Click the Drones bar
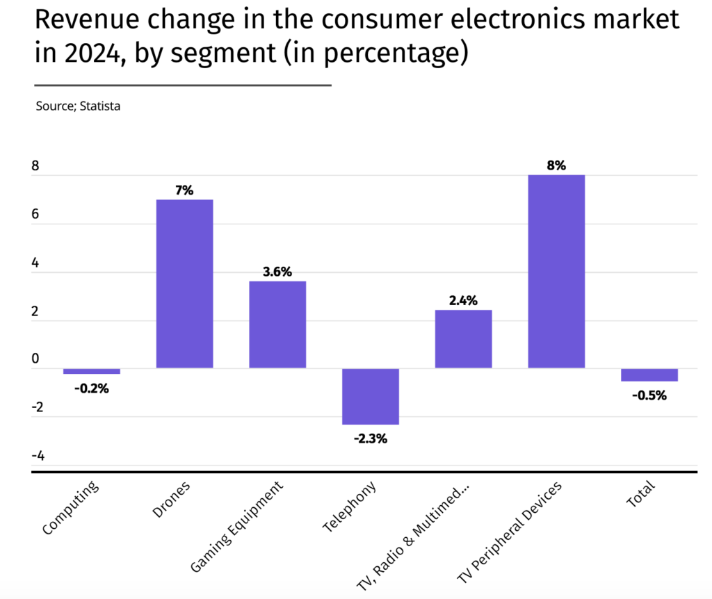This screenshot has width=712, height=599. tap(184, 284)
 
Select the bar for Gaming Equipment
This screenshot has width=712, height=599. tap(277, 325)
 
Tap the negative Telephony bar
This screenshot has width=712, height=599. tap(371, 396)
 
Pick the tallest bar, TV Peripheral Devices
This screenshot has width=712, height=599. tap(556, 271)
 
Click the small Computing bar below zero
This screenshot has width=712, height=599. tap(92, 371)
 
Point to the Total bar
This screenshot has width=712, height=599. tap(649, 375)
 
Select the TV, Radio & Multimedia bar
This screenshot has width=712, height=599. tap(463, 339)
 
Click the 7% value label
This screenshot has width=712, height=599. tap(184, 190)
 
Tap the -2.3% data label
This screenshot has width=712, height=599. tap(371, 438)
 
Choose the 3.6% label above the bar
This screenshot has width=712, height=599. tap(277, 271)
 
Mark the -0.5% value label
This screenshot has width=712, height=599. tap(649, 395)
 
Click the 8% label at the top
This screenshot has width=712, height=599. tap(556, 165)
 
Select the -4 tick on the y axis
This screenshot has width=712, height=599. tap(38, 456)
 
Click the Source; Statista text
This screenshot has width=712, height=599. tap(78, 107)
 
